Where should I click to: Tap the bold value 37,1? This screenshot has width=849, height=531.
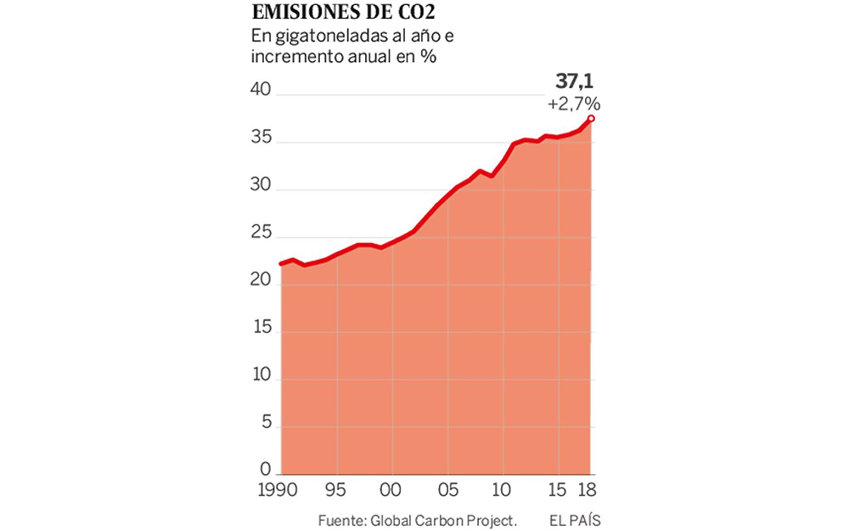point(574,82)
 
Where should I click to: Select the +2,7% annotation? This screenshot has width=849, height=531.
point(574,104)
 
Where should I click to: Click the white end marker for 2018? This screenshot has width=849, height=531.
point(592,118)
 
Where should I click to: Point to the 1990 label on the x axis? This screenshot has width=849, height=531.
point(281,490)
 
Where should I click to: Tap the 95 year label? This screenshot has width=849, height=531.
point(336,490)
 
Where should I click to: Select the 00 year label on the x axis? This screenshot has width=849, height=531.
point(391,490)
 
